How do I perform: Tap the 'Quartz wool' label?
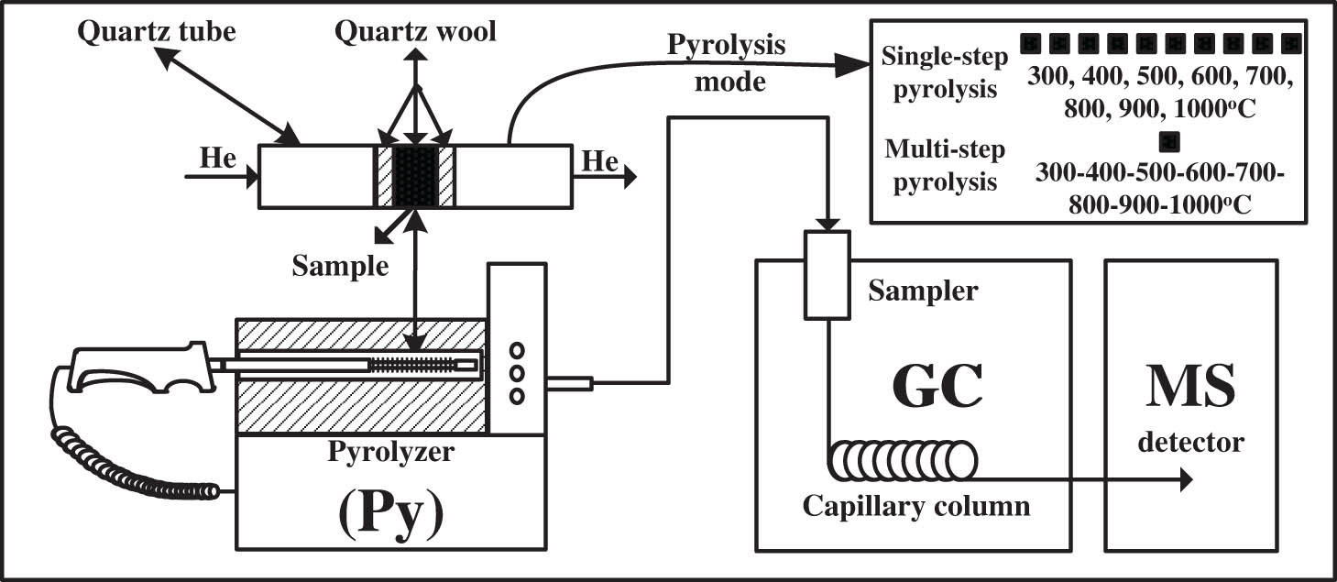point(415,32)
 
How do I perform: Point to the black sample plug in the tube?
point(416,176)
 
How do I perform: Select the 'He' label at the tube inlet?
point(217,161)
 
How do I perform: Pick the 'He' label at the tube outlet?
point(601,161)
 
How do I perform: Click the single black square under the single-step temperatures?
point(1167,141)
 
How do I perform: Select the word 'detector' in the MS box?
point(1190,443)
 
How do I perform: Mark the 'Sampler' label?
point(924,291)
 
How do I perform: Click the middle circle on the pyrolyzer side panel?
point(517,372)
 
